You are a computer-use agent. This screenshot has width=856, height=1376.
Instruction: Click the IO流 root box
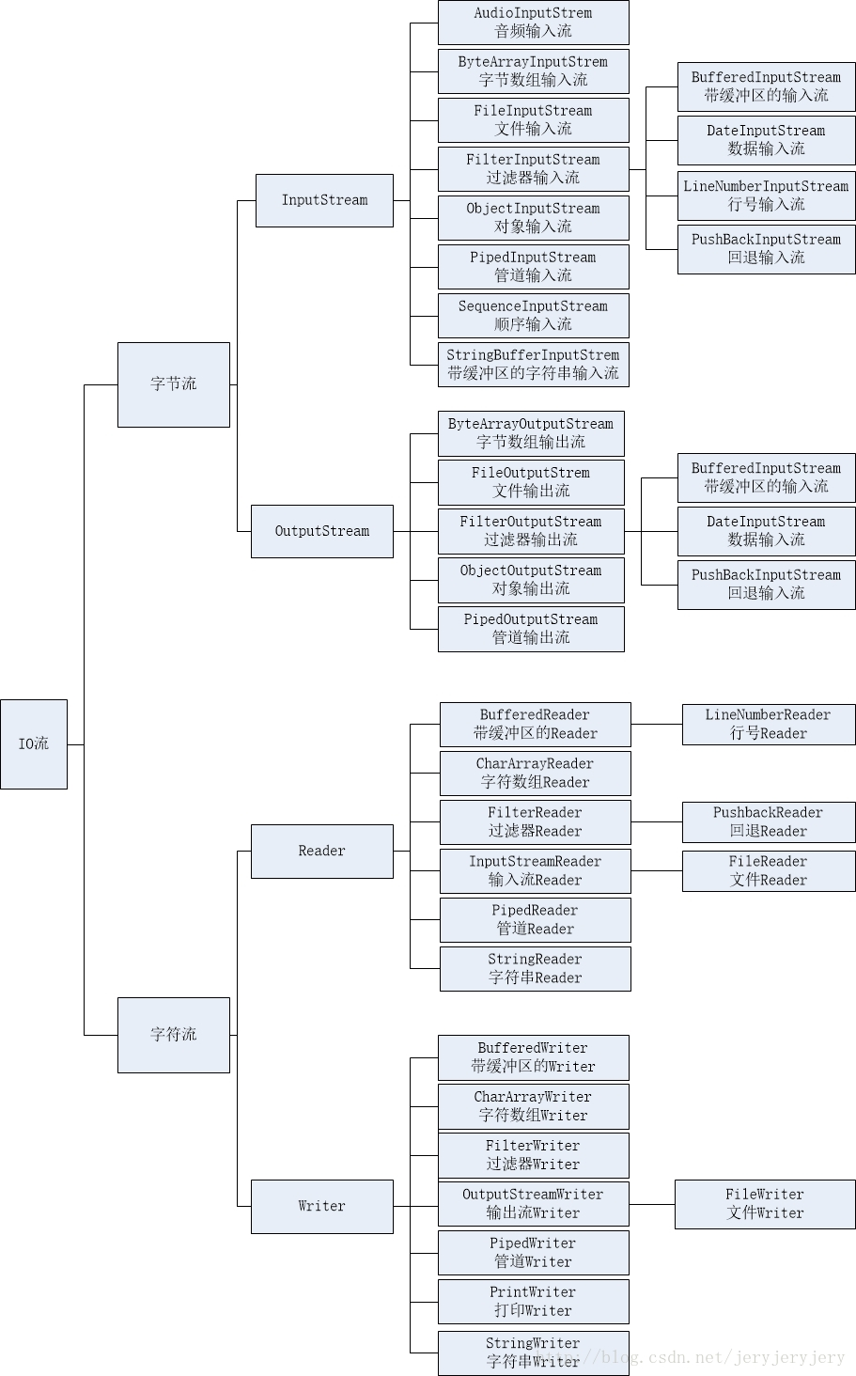[x=34, y=743]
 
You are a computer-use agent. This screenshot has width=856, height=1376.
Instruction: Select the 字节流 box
[x=174, y=384]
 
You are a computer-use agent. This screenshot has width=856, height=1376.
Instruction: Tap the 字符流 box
[x=174, y=1035]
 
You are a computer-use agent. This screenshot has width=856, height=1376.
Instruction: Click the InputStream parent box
[x=324, y=200]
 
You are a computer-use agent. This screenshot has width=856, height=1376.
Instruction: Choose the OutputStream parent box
[x=321, y=531]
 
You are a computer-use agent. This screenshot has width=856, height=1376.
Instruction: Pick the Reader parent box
[x=321, y=852]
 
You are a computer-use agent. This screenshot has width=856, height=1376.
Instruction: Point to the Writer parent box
[x=321, y=1206]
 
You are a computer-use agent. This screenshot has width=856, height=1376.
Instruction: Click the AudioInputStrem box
[x=533, y=23]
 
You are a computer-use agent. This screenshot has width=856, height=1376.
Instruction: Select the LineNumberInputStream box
[x=766, y=195]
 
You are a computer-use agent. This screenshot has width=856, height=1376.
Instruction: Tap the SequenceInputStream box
[x=533, y=316]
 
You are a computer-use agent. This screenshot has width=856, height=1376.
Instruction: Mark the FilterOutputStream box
[x=531, y=531]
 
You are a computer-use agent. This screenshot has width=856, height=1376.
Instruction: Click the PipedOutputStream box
[x=531, y=629]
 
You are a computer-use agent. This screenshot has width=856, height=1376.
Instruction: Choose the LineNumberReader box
[x=768, y=725]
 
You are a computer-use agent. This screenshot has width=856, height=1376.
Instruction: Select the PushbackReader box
[x=768, y=822]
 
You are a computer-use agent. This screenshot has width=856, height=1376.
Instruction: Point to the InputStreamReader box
[x=535, y=871]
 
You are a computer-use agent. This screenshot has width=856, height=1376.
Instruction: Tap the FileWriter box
[x=765, y=1204]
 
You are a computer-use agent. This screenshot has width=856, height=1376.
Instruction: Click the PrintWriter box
[x=533, y=1302]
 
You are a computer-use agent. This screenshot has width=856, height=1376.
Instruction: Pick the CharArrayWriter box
[x=533, y=1106]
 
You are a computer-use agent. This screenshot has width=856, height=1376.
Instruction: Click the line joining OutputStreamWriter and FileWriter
[x=652, y=1205]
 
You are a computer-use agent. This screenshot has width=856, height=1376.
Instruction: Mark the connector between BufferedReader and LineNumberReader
[x=657, y=725]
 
